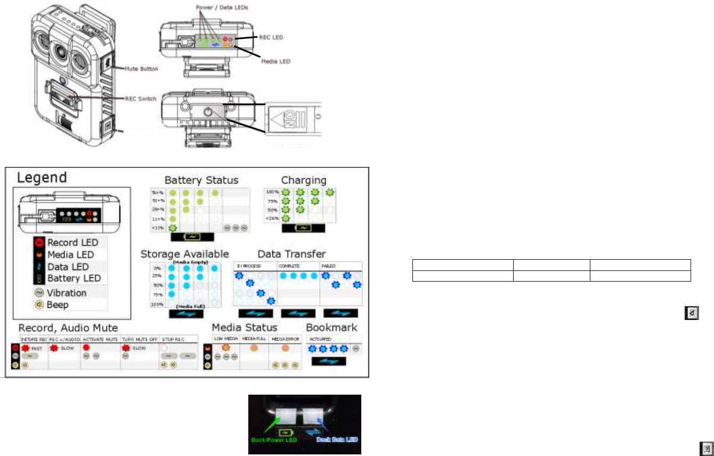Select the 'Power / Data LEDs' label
220,7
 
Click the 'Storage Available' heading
184,253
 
